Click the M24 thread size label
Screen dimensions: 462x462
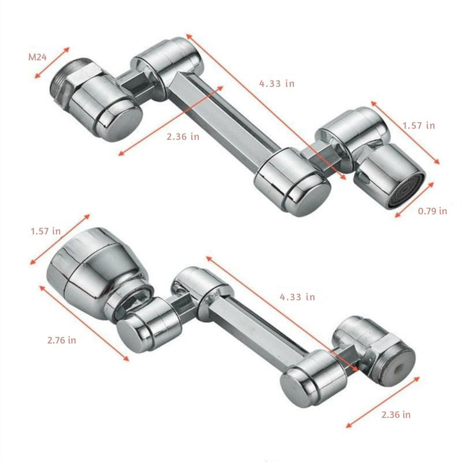tap(37, 56)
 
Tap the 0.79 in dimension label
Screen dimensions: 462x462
tap(432, 211)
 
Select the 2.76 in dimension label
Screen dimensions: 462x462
tap(62, 340)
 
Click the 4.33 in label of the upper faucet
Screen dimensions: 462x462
tap(277, 83)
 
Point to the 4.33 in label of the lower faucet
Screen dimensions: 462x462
tap(296, 296)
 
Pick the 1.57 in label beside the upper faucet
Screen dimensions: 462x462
tap(418, 125)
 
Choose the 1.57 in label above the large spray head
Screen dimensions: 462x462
tap(46, 230)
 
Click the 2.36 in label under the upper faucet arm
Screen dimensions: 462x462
tap(182, 137)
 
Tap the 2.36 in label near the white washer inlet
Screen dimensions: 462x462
tap(395, 415)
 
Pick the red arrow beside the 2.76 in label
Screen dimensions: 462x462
tap(83, 323)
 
